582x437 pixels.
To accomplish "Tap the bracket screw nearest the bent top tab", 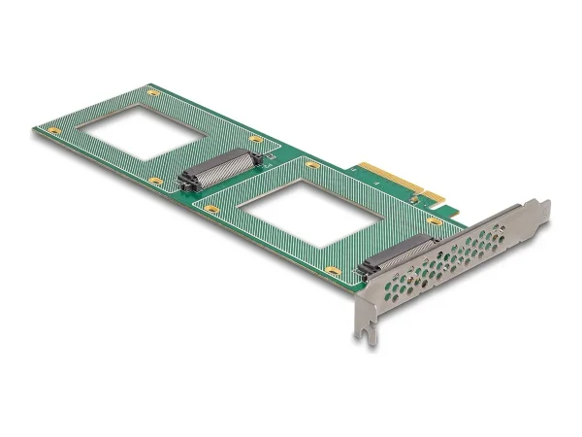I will point(500,233).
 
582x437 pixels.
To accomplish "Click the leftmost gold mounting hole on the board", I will point(54,130).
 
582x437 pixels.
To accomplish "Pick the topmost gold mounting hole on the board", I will point(152,92).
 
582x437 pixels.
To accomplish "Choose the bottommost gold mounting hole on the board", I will point(333,271).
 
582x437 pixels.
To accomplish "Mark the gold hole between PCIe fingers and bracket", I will point(435,221).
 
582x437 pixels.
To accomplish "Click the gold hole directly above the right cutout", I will point(312,165).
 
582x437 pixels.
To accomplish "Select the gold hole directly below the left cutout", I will point(155,181).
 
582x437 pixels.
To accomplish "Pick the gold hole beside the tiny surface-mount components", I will point(256,140).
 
